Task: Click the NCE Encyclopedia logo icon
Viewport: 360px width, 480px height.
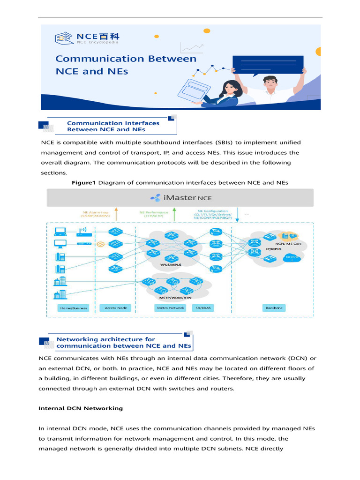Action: tap(64, 38)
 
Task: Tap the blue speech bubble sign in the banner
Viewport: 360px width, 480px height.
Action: tap(268, 65)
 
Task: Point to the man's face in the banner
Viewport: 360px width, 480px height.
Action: tap(270, 84)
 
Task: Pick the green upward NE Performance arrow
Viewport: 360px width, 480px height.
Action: tap(174, 214)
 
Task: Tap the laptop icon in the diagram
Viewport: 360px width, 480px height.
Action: tap(61, 231)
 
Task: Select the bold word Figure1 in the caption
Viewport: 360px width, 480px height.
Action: tap(83, 182)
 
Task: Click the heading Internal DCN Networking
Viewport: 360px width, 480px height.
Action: tap(80, 408)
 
